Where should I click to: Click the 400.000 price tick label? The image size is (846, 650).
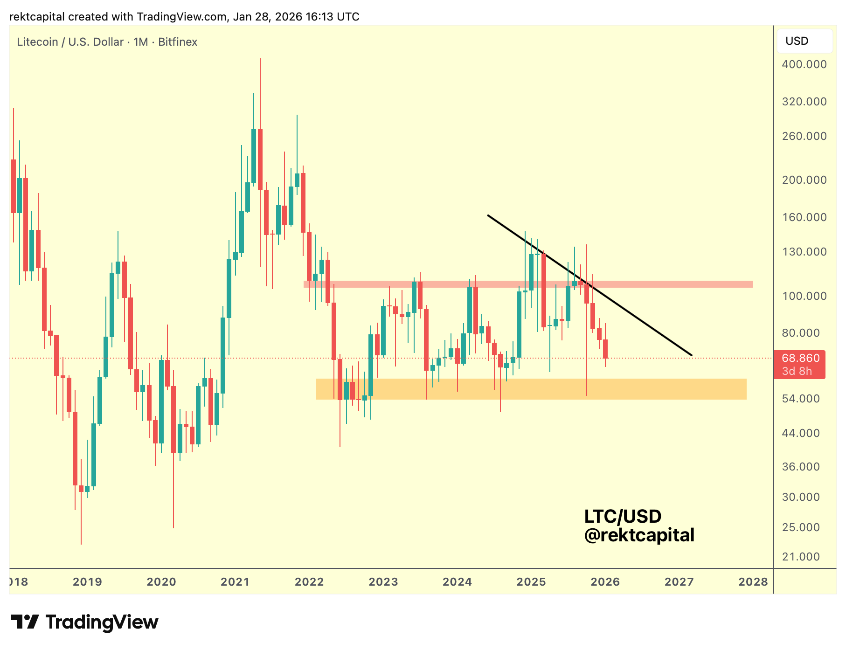point(804,64)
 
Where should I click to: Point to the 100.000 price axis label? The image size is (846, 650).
point(804,296)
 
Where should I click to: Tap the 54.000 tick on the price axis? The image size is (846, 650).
point(801,399)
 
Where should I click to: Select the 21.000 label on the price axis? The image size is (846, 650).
point(801,557)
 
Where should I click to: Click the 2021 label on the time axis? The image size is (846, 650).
point(235,582)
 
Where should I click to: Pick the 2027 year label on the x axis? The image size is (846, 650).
point(679,582)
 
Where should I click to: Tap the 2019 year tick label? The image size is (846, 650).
point(87,582)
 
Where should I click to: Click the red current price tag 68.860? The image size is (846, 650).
point(800,358)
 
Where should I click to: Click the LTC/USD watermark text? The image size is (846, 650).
point(623,517)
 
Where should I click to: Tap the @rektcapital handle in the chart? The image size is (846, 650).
point(639,535)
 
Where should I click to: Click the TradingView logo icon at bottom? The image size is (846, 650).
point(25,622)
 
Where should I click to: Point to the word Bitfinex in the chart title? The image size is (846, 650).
point(178,42)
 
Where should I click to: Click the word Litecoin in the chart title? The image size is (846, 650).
point(37,42)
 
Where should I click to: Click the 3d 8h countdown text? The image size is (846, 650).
point(797,371)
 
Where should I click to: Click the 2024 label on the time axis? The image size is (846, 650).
point(457,582)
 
